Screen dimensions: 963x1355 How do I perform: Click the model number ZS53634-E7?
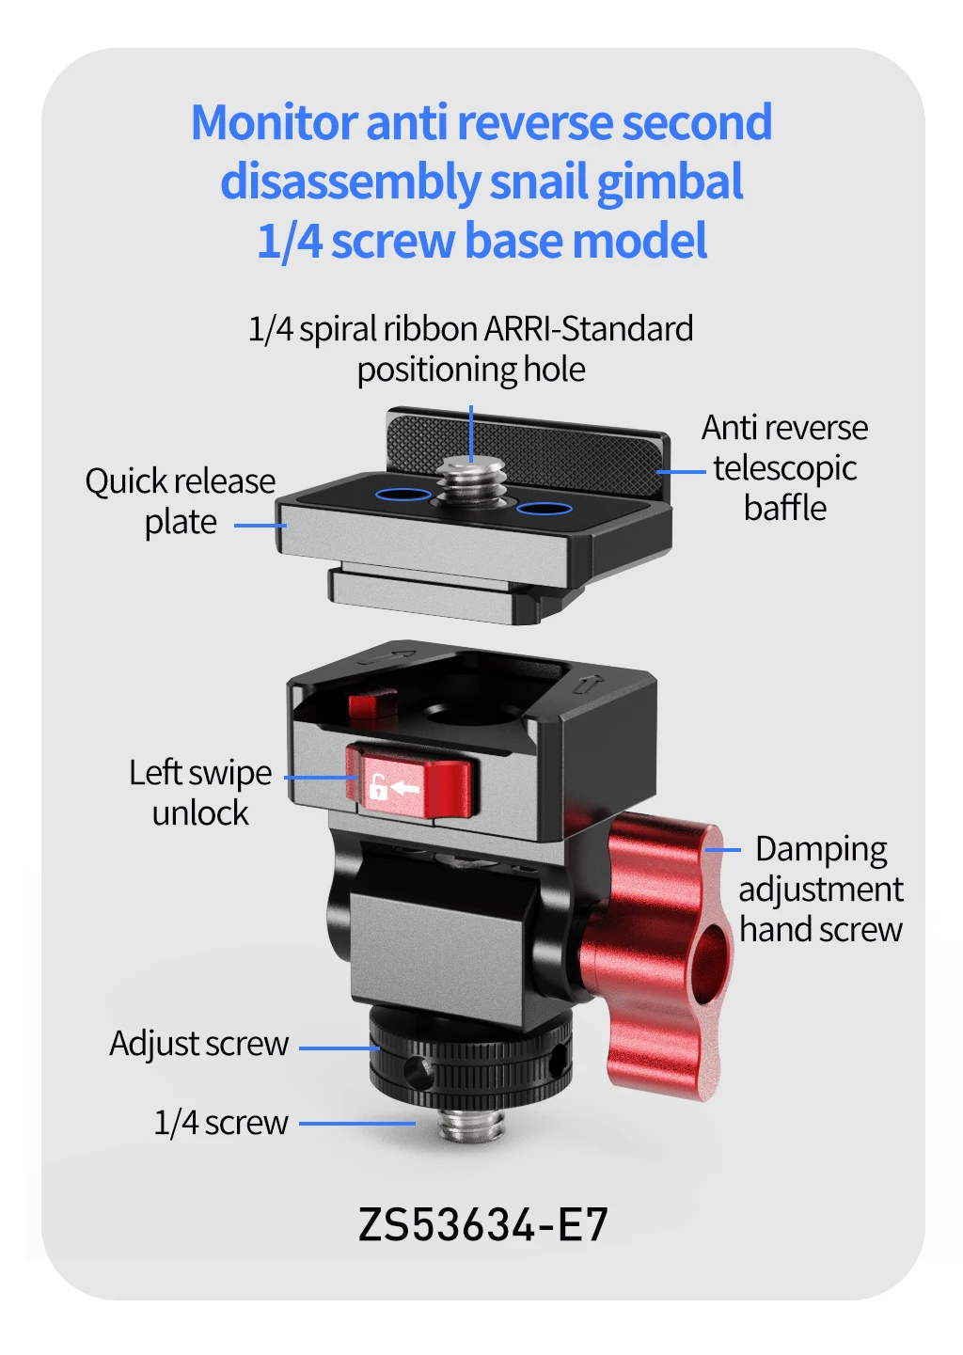tap(482, 1225)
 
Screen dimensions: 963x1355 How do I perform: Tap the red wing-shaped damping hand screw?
tap(656, 955)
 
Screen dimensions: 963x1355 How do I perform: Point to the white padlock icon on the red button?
tap(378, 787)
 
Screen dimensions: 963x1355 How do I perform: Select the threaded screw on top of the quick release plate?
tap(471, 481)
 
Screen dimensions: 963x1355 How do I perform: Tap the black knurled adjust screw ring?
tap(470, 1060)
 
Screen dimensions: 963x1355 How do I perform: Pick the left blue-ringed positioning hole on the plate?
tap(403, 495)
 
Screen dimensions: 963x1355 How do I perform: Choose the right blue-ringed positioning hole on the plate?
tap(545, 508)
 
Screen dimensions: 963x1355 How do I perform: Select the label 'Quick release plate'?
tap(181, 501)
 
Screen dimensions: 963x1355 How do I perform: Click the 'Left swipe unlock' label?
tap(200, 793)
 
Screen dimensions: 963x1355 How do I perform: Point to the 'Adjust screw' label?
tap(199, 1044)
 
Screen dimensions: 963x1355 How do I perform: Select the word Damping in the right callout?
tap(821, 850)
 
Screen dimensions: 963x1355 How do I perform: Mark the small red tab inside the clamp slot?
tap(372, 703)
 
